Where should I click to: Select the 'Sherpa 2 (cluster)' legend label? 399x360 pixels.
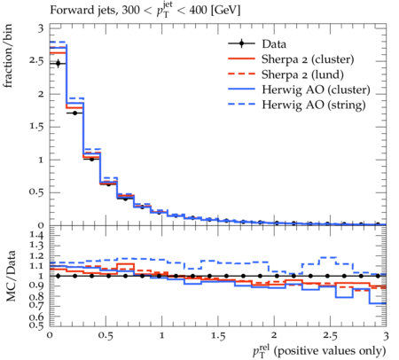308,59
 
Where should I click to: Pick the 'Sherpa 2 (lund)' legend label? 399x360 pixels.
302,74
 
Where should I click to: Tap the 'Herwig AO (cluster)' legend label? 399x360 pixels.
316,90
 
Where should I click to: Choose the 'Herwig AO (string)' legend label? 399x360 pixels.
314,105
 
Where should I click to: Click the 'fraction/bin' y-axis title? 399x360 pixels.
8,56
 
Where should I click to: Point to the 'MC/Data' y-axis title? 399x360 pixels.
11,276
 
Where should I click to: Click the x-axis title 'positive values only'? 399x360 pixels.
330,351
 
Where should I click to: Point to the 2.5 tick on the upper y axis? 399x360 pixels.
36,61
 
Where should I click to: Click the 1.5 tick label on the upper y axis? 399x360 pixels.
36,127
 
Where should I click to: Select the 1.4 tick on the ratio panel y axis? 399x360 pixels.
37,235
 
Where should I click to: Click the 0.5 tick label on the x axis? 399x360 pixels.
106,336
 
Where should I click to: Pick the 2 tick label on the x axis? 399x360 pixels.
274,335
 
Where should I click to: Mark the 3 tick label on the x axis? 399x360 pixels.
386,336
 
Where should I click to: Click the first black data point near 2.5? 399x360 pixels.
59,63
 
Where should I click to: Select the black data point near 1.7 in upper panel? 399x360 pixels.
75,113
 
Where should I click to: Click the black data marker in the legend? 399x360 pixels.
241,43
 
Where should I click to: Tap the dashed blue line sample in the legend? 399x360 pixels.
241,104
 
